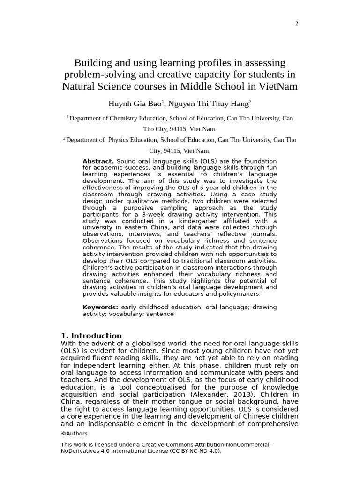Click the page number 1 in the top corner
(x=297, y=24)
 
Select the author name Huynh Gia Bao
(x=135, y=104)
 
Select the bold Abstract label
(x=98, y=161)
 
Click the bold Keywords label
(x=100, y=307)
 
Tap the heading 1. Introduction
(x=91, y=336)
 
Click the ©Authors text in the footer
(x=74, y=434)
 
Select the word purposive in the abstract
(x=142, y=208)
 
